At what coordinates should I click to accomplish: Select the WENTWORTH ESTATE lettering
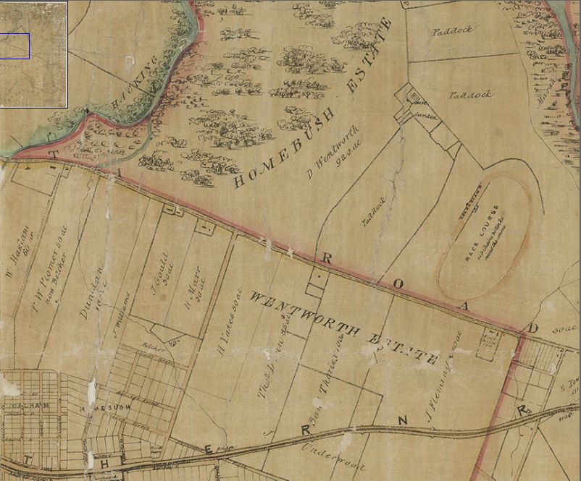tap(343, 326)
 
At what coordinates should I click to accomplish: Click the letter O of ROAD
tap(397, 284)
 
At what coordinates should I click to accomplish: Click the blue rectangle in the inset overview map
tap(14, 46)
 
